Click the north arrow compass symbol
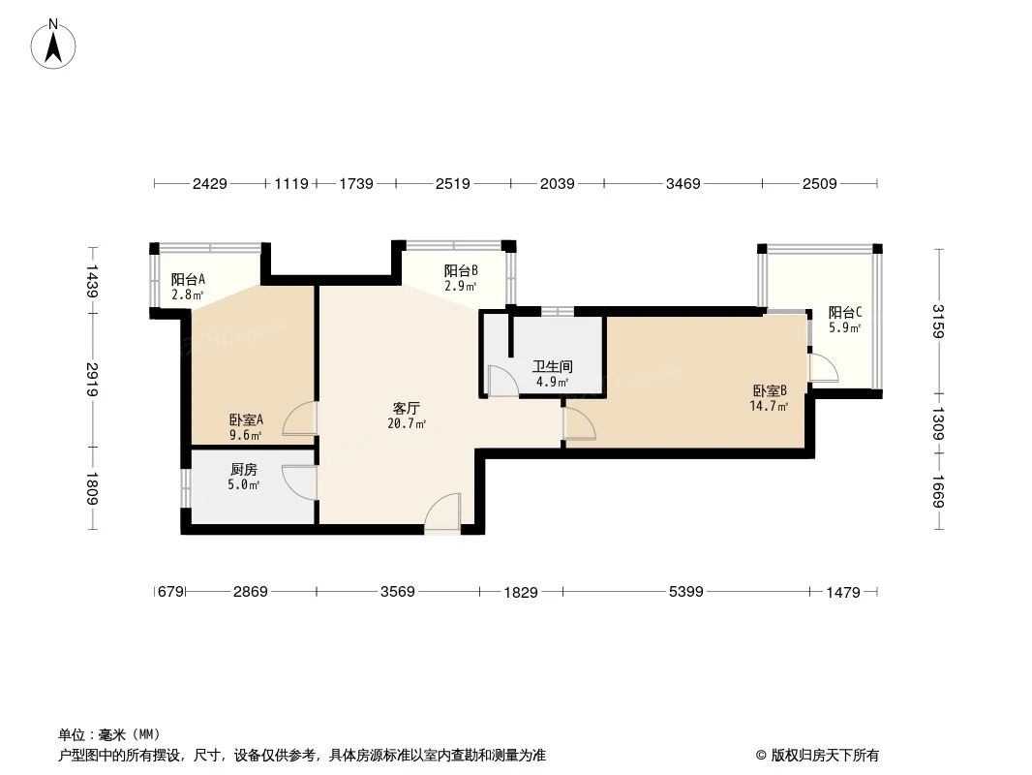(55, 43)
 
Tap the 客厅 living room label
(406, 408)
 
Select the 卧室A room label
(247, 420)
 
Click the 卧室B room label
(770, 390)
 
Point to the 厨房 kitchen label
(244, 469)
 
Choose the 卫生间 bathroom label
(553, 367)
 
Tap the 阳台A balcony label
(188, 279)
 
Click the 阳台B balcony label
(461, 271)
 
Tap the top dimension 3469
(683, 183)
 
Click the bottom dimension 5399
(685, 591)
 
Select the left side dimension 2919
(92, 379)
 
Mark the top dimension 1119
(291, 183)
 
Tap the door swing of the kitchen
(298, 481)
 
